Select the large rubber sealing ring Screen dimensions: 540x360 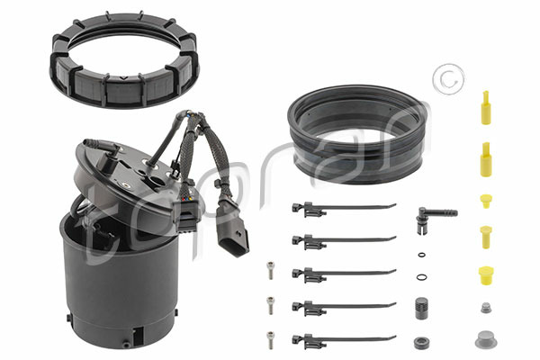click(358, 162)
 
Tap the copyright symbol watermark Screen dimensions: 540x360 click(449, 79)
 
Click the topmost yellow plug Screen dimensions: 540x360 click(486, 107)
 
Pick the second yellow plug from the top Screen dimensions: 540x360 click(486, 160)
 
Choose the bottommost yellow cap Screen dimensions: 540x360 click(486, 275)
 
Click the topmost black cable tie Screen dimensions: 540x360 click(344, 209)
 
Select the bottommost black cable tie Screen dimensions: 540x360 click(344, 339)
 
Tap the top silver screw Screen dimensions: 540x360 click(270, 270)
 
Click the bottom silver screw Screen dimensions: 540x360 click(270, 340)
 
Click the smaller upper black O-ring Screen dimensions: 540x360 click(421, 255)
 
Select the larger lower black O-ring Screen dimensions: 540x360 click(421, 277)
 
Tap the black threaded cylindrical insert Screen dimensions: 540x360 click(421, 308)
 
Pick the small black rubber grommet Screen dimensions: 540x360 click(421, 343)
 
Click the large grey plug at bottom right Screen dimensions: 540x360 click(486, 339)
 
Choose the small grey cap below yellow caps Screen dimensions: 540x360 click(486, 308)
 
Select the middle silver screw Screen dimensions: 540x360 click(270, 306)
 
